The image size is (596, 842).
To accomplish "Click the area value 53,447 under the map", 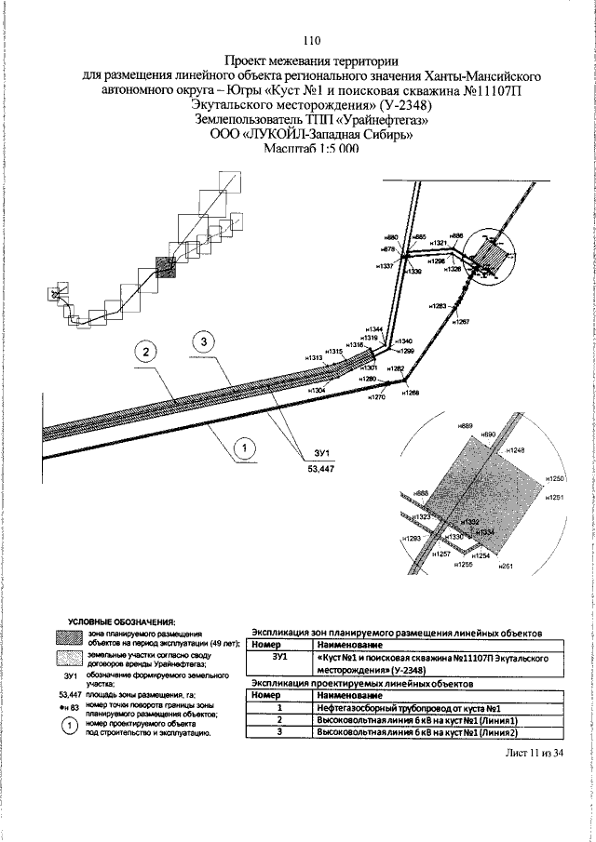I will pyautogui.click(x=320, y=469).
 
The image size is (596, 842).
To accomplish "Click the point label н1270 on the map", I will pyautogui.click(x=376, y=397).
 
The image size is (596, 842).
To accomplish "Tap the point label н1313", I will pyautogui.click(x=314, y=357).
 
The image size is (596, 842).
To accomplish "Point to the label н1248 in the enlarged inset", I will pyautogui.click(x=517, y=450).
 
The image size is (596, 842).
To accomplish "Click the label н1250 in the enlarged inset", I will pyautogui.click(x=557, y=478).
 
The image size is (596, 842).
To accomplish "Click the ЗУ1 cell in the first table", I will pyautogui.click(x=282, y=657).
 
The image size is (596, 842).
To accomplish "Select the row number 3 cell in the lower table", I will pyautogui.click(x=279, y=733).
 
